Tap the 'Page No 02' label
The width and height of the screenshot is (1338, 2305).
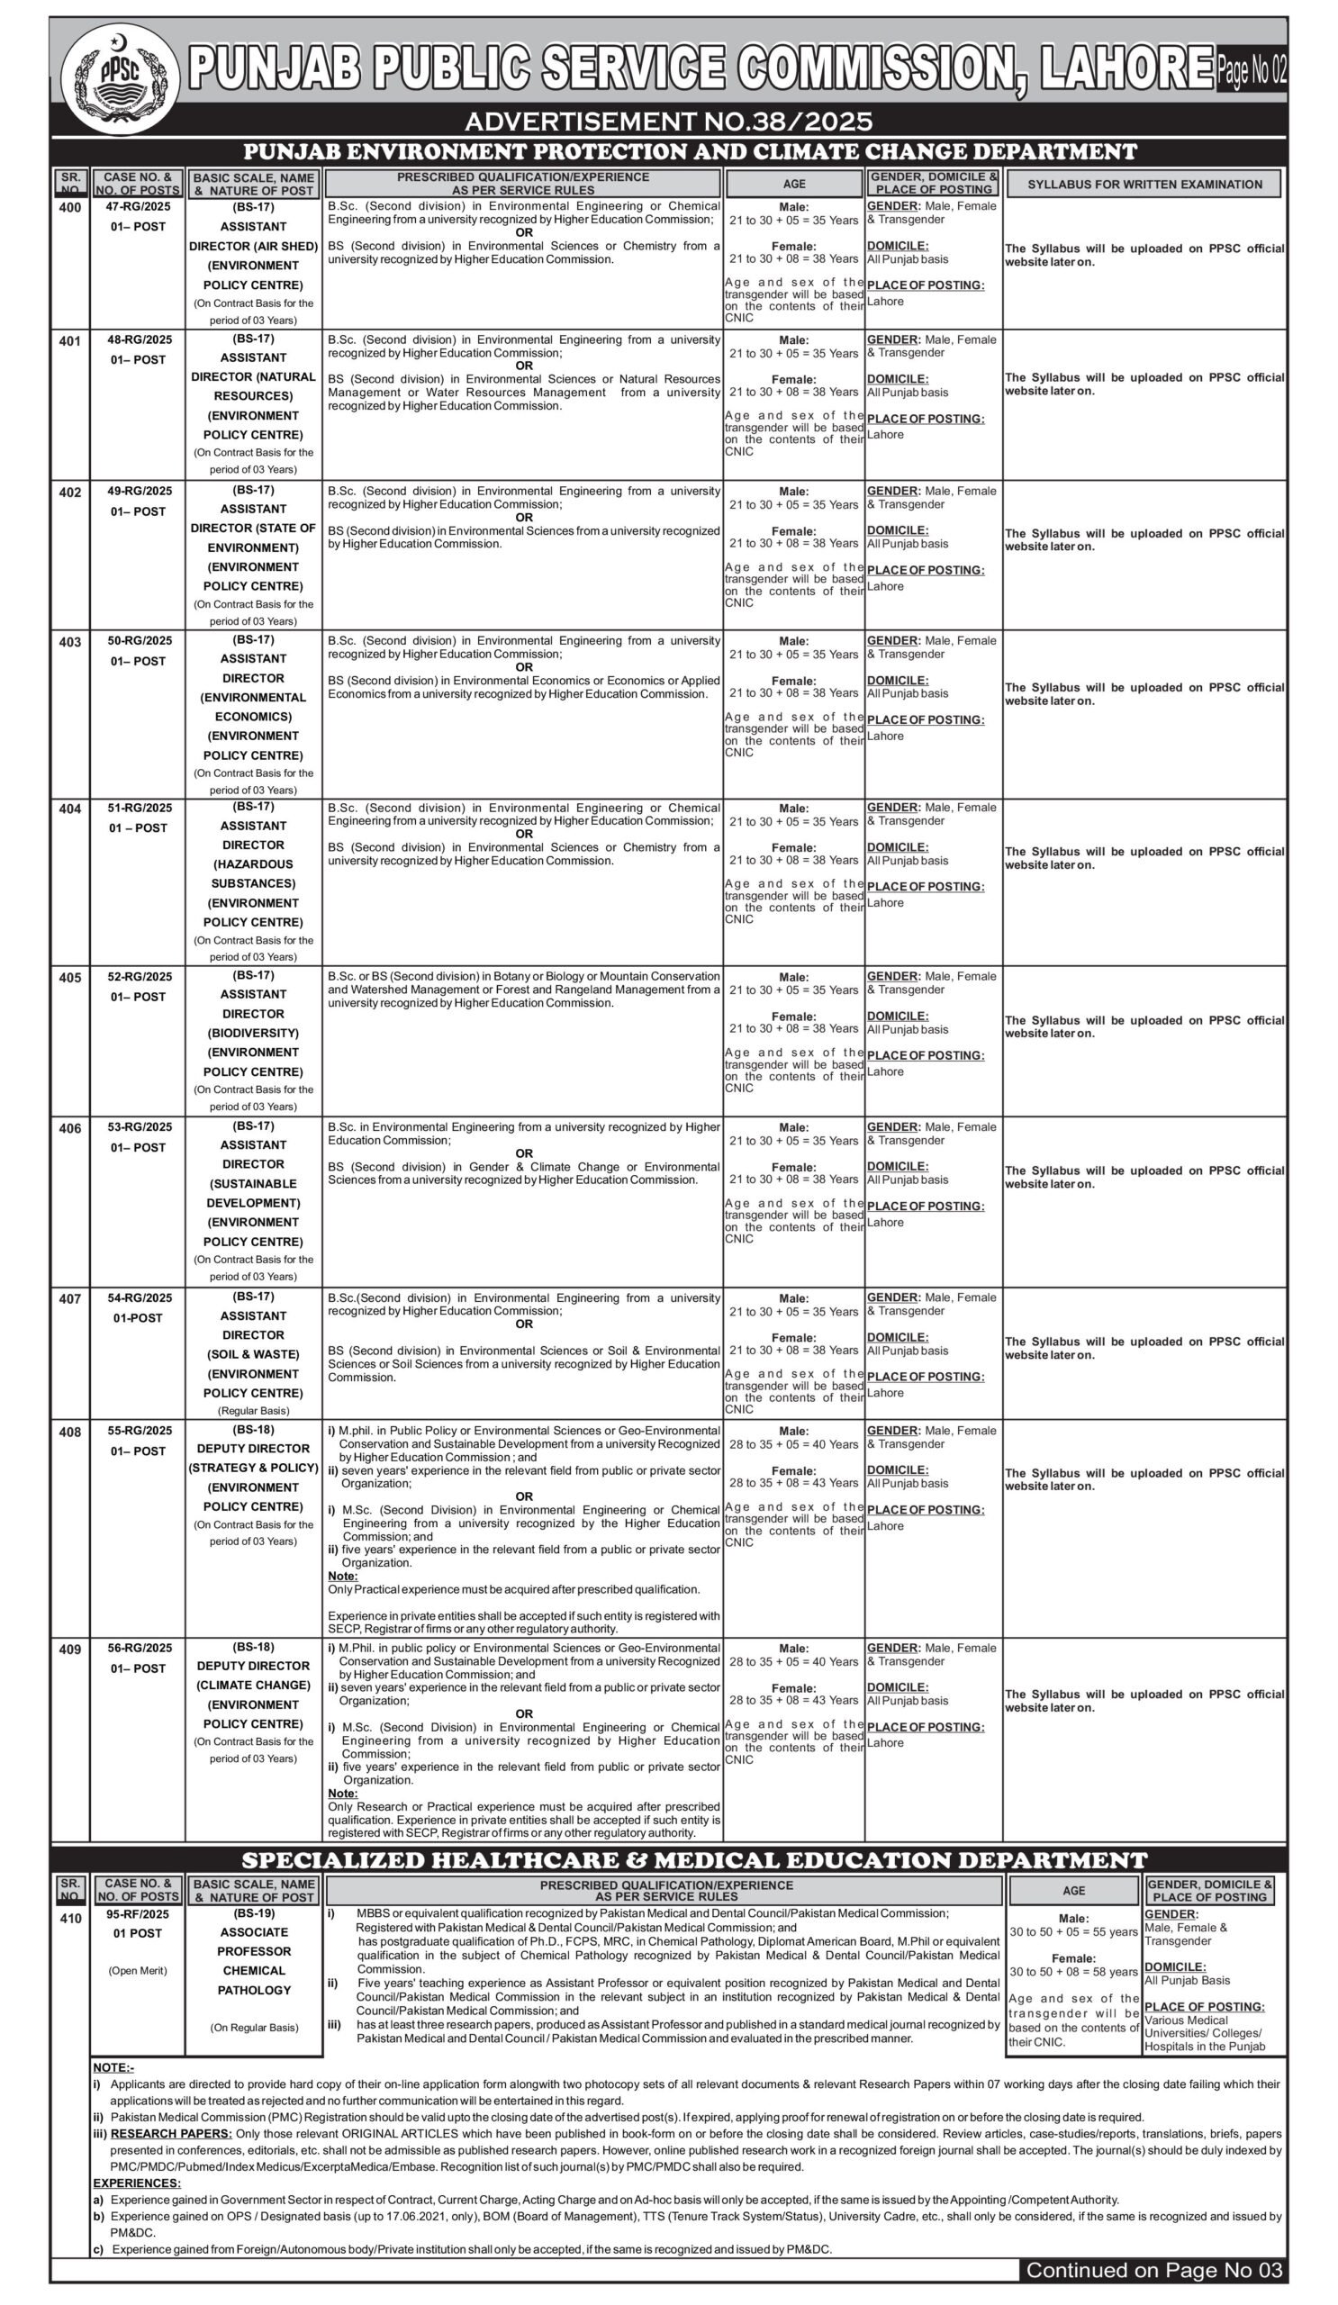[x=1250, y=69]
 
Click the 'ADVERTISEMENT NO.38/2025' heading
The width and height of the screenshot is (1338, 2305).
[x=668, y=122]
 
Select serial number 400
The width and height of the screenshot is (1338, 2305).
[x=70, y=208]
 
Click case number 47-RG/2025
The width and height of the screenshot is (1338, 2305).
[x=138, y=207]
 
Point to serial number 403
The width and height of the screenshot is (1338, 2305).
[x=70, y=642]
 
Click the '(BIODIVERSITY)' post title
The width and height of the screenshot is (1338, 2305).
[x=253, y=1033]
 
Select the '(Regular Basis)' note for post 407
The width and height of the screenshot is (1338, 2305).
[x=253, y=1410]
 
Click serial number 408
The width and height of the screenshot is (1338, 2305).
[x=70, y=1433]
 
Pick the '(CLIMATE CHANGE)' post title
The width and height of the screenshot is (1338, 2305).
[x=253, y=1685]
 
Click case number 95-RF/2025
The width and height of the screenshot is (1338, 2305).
[x=138, y=1913]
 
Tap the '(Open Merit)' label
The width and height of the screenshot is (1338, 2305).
[x=138, y=1970]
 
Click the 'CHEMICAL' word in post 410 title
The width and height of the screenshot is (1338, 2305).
[x=253, y=1970]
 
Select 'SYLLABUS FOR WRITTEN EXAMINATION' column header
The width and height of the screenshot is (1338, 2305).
[x=1144, y=184]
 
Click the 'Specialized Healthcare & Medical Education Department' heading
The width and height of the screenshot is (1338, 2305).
[x=694, y=1860]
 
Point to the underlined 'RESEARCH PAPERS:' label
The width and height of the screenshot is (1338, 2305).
[x=171, y=2134]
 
